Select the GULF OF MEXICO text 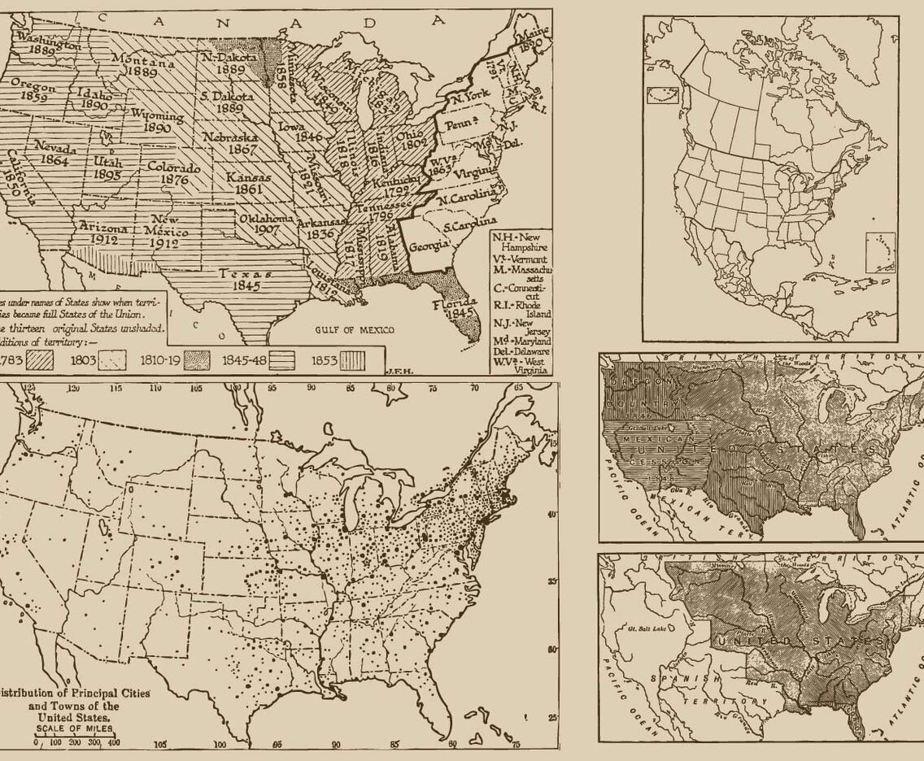[355, 330]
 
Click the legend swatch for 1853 [352, 360]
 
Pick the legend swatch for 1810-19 [196, 360]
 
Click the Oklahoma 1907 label [264, 224]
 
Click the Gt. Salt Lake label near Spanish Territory [642, 628]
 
